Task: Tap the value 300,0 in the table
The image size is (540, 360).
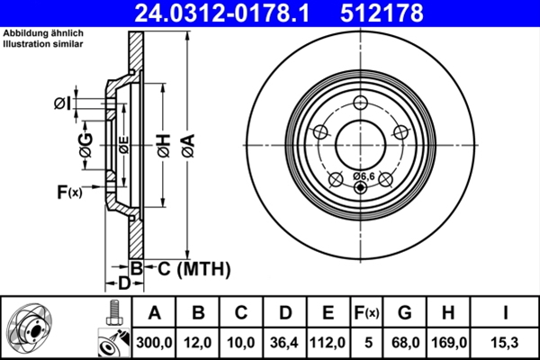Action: click(154, 341)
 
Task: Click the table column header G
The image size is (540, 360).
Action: click(406, 313)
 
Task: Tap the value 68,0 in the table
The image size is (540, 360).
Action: click(406, 341)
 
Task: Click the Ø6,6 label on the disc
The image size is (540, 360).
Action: click(363, 175)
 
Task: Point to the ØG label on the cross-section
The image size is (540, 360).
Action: click(85, 149)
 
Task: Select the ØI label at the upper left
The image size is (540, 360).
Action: click(62, 104)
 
